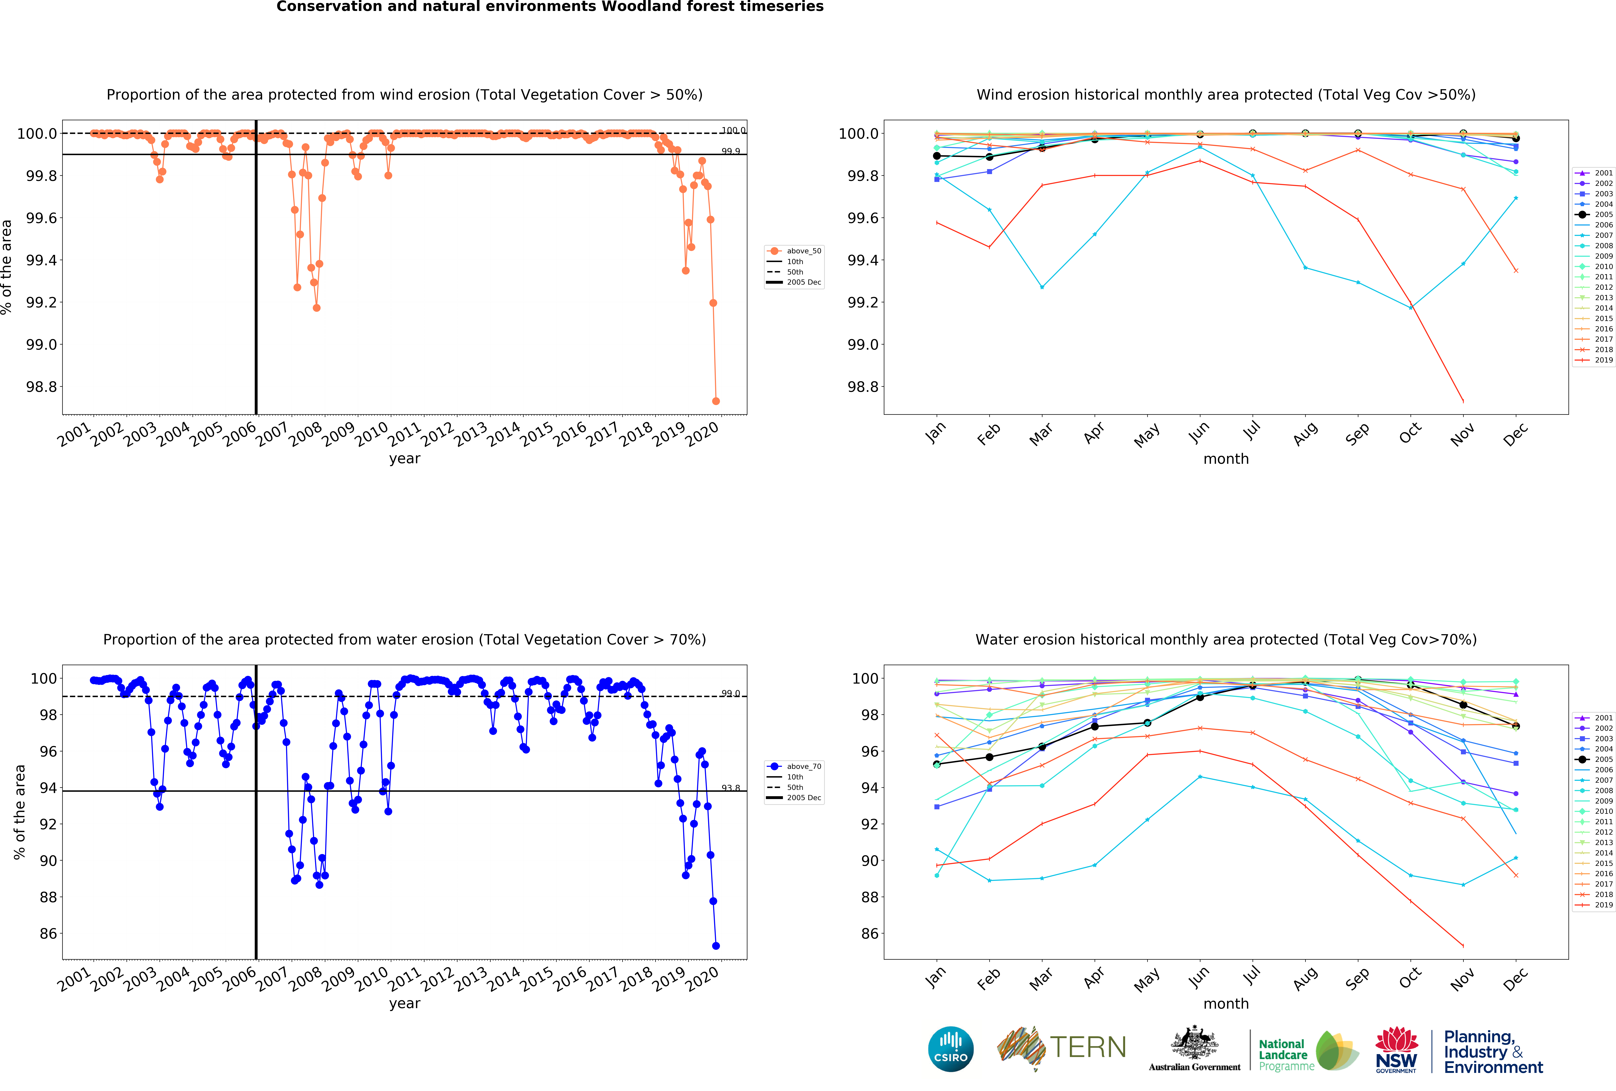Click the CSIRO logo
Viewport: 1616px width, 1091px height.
950,1049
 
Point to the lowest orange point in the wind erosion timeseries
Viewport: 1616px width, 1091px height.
716,401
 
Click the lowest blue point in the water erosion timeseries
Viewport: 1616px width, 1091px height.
716,946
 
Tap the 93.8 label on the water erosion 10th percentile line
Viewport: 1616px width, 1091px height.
730,788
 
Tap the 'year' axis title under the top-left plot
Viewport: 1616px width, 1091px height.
405,459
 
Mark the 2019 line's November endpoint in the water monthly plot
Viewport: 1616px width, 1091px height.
1463,946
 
